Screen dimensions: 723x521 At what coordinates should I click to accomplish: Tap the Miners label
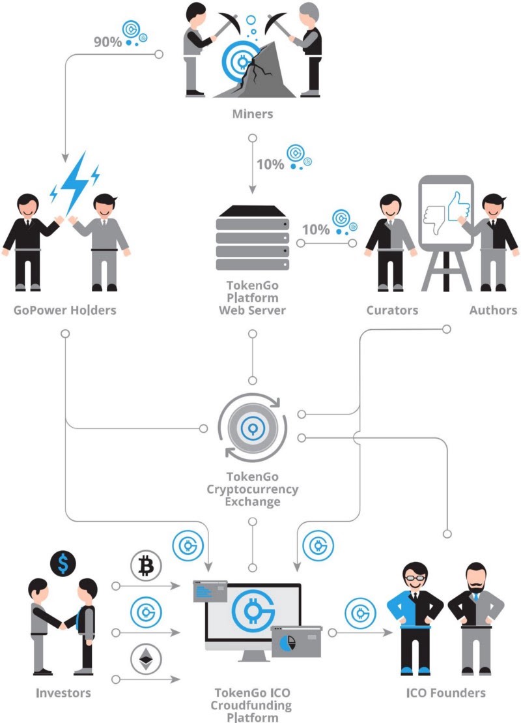pos(252,114)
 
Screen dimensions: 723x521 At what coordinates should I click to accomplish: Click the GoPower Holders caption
pos(65,310)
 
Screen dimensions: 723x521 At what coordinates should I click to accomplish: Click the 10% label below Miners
pos(270,164)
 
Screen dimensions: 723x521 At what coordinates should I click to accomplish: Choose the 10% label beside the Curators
pos(316,229)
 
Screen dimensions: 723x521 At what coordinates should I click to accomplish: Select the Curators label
pos(392,310)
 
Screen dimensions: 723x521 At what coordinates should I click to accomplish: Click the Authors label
pos(493,310)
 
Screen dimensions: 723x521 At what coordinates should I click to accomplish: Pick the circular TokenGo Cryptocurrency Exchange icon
pos(252,428)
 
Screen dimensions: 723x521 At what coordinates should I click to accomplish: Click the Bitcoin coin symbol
pos(146,566)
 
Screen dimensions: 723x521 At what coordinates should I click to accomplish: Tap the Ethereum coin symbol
pos(146,659)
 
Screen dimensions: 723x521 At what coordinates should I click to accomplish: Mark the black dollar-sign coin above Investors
pos(63,564)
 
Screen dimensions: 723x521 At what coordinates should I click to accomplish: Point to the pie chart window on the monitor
pos(296,642)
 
